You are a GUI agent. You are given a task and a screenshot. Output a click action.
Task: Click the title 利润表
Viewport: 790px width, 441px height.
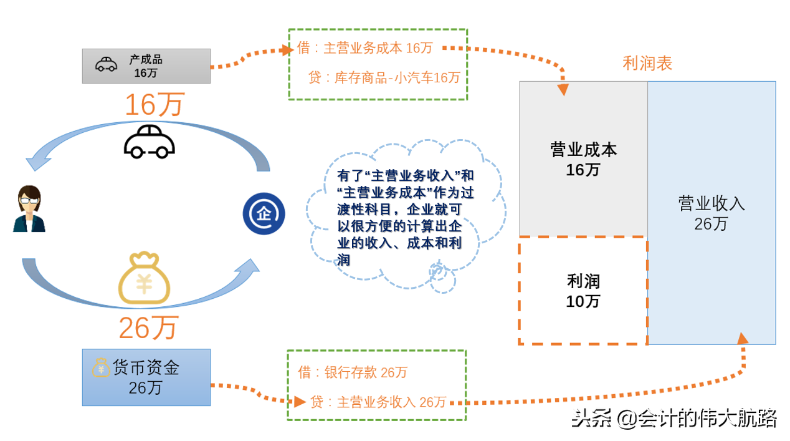(x=647, y=64)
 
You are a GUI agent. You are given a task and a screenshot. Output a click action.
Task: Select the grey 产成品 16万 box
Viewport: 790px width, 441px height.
(x=146, y=65)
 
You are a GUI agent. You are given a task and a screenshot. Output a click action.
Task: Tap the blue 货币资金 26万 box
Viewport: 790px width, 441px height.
(x=146, y=377)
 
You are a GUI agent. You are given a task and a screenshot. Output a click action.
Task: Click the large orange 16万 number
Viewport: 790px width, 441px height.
(x=155, y=105)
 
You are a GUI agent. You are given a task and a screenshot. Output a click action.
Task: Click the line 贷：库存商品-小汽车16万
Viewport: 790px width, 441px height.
(x=384, y=77)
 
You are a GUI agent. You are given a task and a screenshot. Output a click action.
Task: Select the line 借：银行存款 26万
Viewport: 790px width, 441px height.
(x=353, y=372)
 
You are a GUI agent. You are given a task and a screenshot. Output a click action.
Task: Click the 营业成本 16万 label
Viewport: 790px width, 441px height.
(x=583, y=159)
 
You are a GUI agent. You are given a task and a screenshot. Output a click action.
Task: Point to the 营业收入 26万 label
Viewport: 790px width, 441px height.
(x=711, y=213)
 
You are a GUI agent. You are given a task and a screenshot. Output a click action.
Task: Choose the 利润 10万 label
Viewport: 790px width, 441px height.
(x=583, y=291)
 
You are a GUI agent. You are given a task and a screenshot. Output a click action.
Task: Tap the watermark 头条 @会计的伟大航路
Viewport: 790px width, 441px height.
(x=674, y=418)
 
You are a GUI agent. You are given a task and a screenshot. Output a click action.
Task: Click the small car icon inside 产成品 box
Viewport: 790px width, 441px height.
(x=106, y=64)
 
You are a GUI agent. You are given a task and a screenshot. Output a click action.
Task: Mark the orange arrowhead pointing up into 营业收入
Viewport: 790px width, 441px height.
(x=742, y=338)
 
